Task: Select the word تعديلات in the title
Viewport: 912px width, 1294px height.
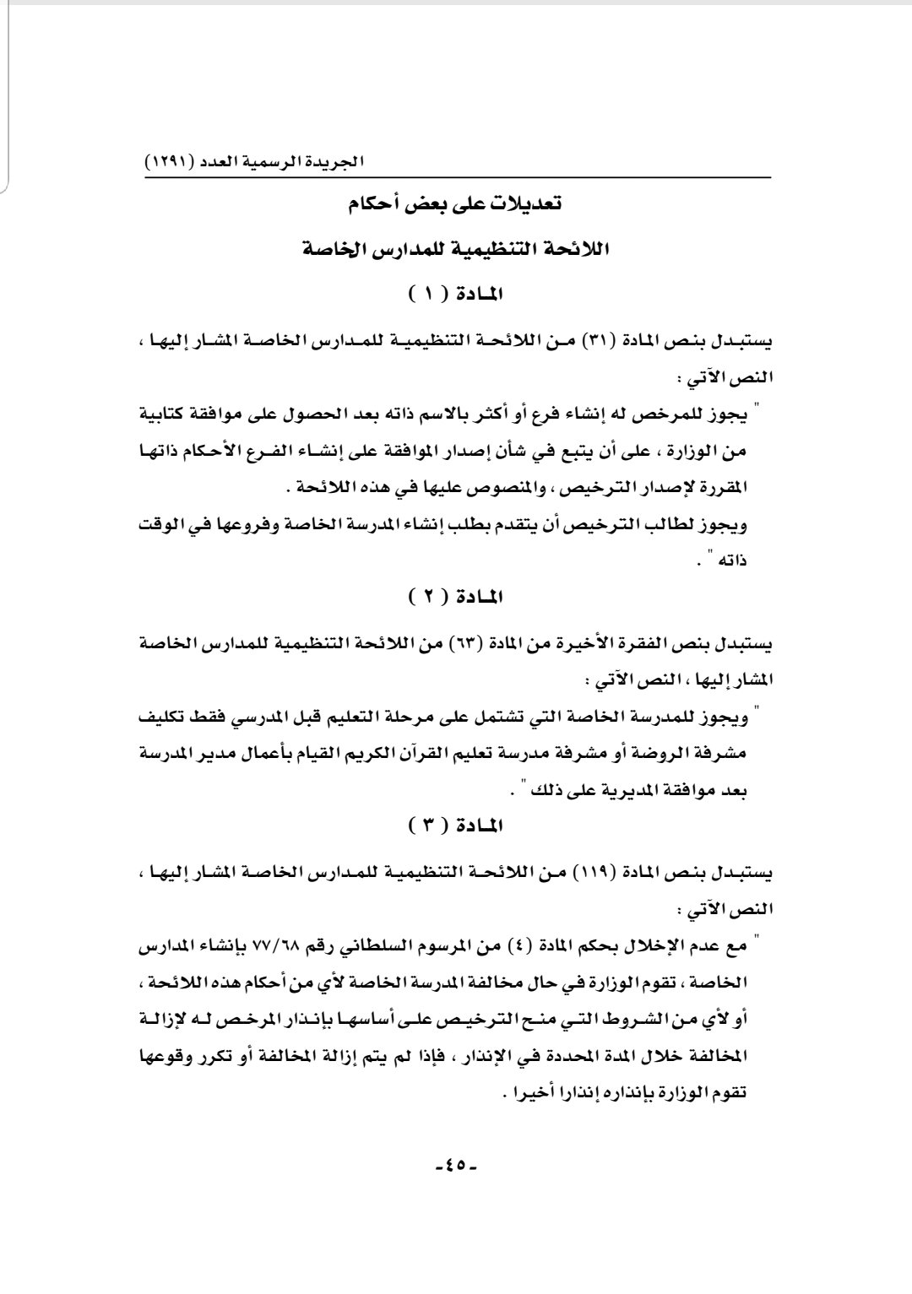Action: point(524,204)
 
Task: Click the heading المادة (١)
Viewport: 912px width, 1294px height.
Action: point(456,295)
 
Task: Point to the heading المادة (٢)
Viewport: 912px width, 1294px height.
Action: point(456,598)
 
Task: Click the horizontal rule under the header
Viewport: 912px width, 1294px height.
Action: point(456,177)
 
